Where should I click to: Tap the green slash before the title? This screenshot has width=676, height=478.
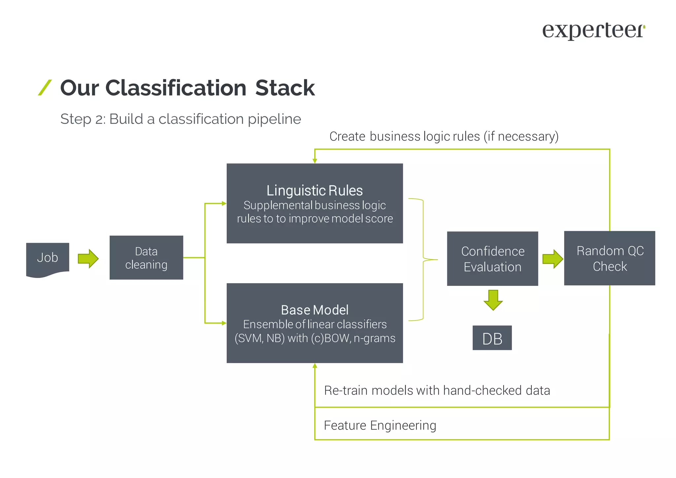click(45, 87)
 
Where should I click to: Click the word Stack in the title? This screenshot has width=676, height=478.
click(285, 88)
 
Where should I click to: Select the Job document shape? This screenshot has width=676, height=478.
click(48, 258)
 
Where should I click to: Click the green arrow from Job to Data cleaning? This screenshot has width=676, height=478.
click(88, 258)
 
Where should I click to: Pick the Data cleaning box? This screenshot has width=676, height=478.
click(146, 257)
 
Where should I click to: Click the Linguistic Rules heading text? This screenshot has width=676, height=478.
click(315, 190)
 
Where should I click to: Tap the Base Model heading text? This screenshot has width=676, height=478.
click(315, 310)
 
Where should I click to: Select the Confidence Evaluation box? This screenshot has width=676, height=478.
click(492, 258)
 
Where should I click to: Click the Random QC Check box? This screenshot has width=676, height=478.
click(609, 258)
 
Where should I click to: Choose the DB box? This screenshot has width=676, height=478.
click(492, 338)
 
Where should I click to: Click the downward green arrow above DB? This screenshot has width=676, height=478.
click(493, 300)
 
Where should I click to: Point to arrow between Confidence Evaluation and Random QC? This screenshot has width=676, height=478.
click(552, 258)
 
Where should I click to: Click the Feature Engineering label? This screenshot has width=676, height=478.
click(380, 425)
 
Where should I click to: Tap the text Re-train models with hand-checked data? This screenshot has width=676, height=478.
click(437, 391)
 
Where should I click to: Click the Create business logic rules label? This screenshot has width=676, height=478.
click(444, 136)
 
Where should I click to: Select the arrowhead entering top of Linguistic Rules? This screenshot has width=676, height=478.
click(315, 160)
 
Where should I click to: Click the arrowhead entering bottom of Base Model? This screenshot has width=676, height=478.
click(315, 366)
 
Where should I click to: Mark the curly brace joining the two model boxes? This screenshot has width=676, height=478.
click(423, 259)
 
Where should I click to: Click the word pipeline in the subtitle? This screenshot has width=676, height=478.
click(274, 119)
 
